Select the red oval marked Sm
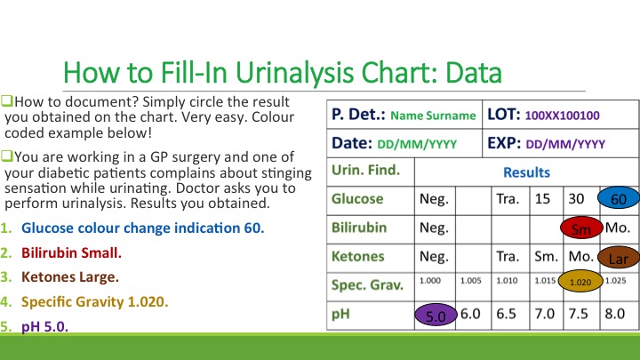tap(581, 228)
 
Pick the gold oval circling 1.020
tap(580, 282)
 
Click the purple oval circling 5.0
tap(436, 315)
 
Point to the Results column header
tap(526, 172)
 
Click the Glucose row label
tap(357, 199)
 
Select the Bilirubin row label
tap(359, 228)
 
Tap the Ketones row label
tap(356, 256)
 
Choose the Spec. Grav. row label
tap(365, 285)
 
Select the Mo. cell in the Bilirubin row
tap(618, 228)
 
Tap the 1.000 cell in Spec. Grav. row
tap(432, 282)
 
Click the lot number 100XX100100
tap(563, 116)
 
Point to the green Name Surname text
tap(433, 116)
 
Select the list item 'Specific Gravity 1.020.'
tap(94, 301)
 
